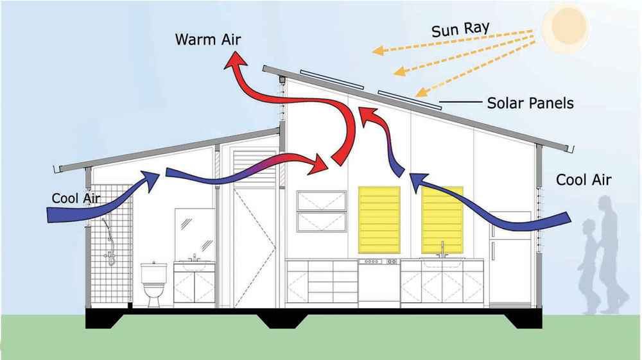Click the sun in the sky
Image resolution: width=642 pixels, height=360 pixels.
pyautogui.click(x=565, y=26)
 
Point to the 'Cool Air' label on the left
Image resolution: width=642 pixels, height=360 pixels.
pyautogui.click(x=75, y=198)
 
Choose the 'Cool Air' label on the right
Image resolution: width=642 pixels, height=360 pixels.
pyautogui.click(x=583, y=180)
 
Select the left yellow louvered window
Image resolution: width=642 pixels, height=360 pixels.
pyautogui.click(x=379, y=219)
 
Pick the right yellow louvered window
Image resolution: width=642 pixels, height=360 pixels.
pyautogui.click(x=442, y=219)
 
